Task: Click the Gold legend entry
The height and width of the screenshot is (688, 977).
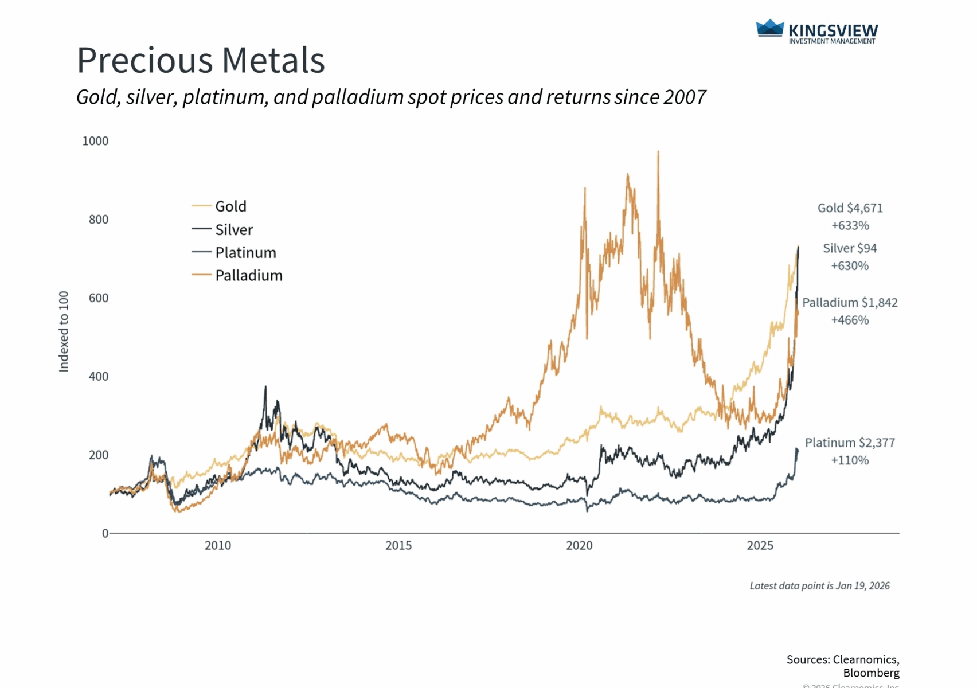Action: click(x=230, y=206)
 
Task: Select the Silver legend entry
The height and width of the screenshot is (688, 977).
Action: click(x=234, y=230)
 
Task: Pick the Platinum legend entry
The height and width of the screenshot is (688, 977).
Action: click(x=245, y=253)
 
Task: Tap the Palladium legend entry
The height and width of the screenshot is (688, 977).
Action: click(x=249, y=276)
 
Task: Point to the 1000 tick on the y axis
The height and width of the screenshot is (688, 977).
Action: click(x=95, y=141)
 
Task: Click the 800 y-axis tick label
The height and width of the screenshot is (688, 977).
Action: click(x=99, y=220)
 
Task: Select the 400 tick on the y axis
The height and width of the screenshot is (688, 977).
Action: click(x=99, y=377)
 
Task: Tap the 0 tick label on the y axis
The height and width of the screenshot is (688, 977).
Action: click(x=105, y=533)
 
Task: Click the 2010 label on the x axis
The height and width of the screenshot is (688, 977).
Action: click(x=218, y=546)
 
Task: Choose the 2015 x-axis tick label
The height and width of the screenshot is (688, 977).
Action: click(x=398, y=546)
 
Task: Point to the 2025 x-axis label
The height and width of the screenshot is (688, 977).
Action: click(x=760, y=546)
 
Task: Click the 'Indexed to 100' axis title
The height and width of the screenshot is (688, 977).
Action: click(x=64, y=331)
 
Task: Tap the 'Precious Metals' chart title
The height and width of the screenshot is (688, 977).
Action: click(x=201, y=60)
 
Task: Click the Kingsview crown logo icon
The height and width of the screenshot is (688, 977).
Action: click(x=770, y=28)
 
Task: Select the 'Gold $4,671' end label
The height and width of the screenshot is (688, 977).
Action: click(x=850, y=208)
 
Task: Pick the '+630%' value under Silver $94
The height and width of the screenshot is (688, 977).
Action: click(x=850, y=266)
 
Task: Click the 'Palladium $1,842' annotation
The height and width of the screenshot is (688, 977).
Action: click(x=850, y=303)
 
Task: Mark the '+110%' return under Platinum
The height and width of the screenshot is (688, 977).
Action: click(x=850, y=460)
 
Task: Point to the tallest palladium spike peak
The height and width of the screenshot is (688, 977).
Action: click(x=658, y=152)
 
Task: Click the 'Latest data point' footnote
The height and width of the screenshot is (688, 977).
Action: click(x=819, y=586)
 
